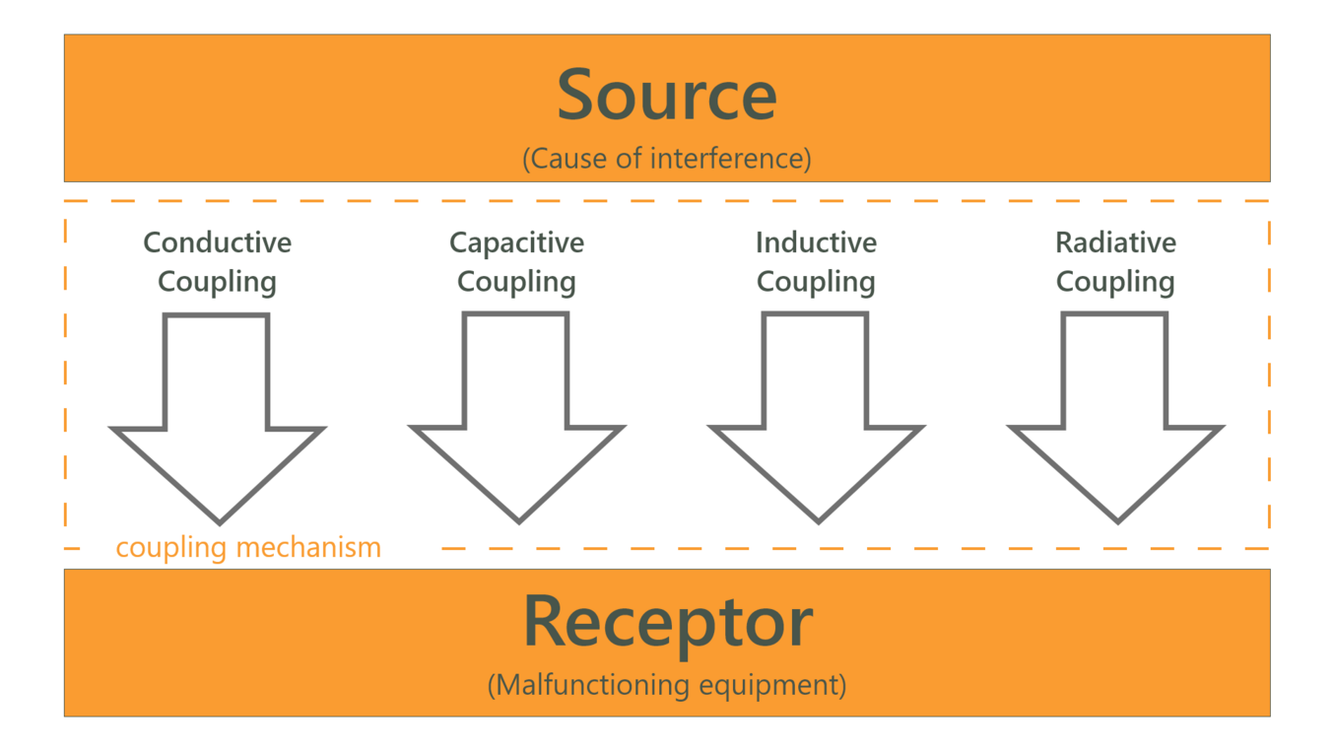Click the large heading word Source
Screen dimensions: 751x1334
[667, 96]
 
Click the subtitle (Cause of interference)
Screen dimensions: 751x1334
[667, 158]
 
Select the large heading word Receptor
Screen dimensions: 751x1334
[667, 622]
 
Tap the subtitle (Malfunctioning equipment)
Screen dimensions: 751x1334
[667, 684]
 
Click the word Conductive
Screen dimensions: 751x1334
[218, 242]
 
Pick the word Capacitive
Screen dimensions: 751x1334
[516, 242]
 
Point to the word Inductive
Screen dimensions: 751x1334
[816, 242]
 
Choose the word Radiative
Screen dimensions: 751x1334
[1115, 242]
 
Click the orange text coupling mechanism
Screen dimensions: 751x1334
[248, 547]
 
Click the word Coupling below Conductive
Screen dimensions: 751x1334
[218, 282]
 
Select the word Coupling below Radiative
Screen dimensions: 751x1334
[1115, 282]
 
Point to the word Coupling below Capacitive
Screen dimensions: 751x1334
[516, 282]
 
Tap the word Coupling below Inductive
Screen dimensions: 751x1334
[816, 282]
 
